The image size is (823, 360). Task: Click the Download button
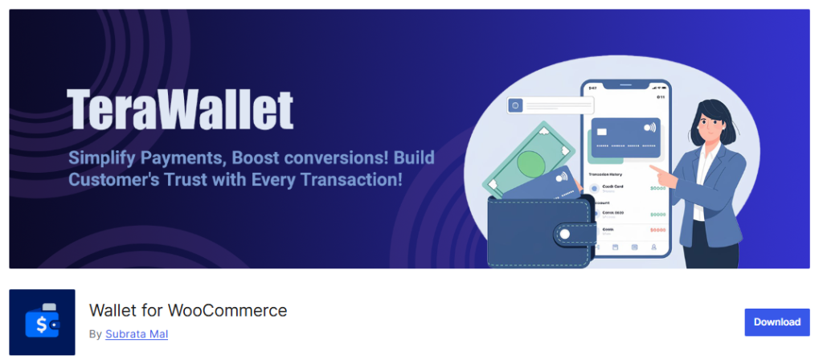(x=776, y=321)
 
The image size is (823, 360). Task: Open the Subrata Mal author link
(x=137, y=334)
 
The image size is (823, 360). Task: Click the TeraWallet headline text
(x=180, y=109)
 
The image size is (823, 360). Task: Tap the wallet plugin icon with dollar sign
(x=42, y=322)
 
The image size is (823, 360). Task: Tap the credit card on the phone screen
(x=624, y=137)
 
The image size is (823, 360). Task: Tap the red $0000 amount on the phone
(x=657, y=231)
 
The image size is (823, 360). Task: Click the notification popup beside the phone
(x=551, y=105)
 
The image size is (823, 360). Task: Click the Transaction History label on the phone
(x=604, y=173)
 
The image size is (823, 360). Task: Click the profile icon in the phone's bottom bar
(x=654, y=247)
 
